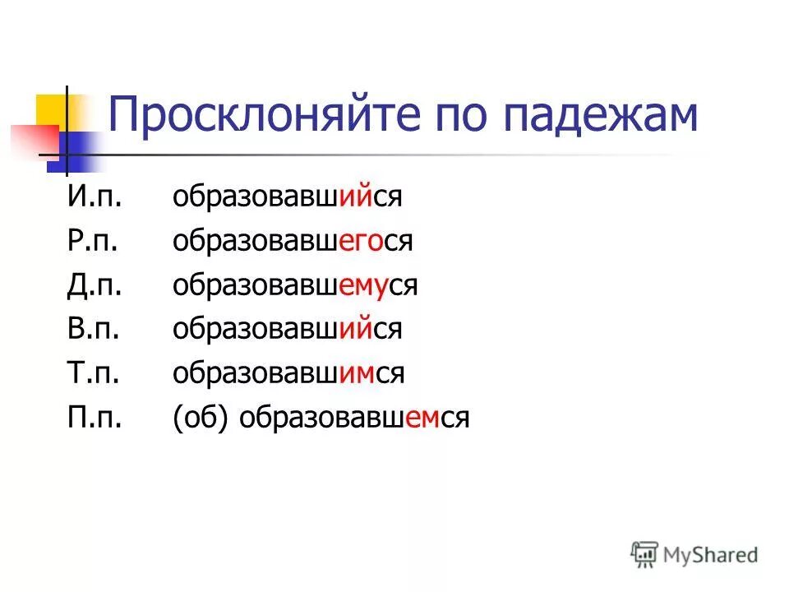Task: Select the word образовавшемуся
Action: (x=296, y=286)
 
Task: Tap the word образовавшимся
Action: (x=288, y=374)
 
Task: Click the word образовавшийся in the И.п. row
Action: (x=287, y=198)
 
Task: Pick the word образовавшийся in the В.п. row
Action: (x=287, y=330)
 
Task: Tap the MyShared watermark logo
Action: (x=695, y=554)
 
